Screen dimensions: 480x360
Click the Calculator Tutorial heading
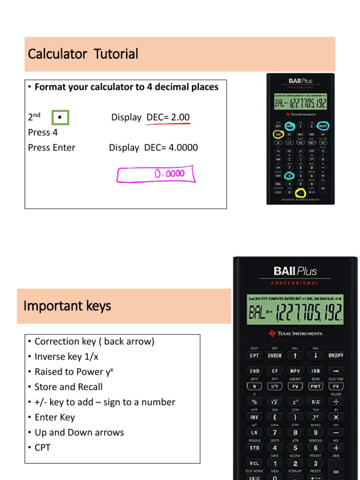coord(83,54)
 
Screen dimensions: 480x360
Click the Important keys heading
coord(67,306)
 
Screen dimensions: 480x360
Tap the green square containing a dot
coord(60,118)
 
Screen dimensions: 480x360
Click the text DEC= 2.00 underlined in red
coord(168,117)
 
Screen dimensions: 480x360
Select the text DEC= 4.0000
coord(171,148)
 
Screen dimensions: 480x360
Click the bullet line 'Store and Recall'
coord(68,387)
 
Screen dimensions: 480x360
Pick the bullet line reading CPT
coord(42,447)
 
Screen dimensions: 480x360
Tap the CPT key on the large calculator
coord(254,356)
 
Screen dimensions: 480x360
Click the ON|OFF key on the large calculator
coord(336,356)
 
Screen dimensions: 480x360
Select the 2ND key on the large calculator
coord(254,371)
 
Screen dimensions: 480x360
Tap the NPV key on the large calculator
coord(295,371)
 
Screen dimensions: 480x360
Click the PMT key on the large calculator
coord(315,387)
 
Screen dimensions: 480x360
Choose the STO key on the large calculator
coord(254,448)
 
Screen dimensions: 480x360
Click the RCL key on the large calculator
coord(254,464)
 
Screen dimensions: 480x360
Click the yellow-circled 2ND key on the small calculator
coord(278,135)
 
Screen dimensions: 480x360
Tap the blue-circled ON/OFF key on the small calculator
coord(323,126)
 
